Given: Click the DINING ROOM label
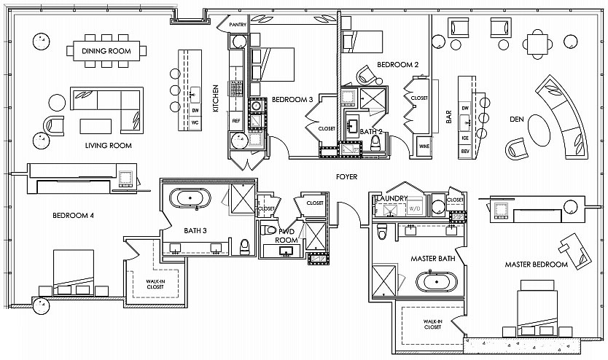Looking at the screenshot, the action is pos(106,51).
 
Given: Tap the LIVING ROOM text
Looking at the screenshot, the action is pos(108,145).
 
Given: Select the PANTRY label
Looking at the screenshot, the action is pos(238,25).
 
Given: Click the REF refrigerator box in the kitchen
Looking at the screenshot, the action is pos(236,121).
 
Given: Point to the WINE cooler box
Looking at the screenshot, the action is pos(424,146).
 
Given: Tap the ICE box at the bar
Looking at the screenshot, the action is pos(465,138).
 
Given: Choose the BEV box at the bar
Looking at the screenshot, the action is pos(465,151).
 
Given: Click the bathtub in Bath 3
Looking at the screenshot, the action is pos(190,198).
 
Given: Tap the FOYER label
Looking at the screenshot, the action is pos(347,176).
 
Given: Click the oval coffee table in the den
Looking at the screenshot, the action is pos(539,130).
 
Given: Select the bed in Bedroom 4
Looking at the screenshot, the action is pos(74,273).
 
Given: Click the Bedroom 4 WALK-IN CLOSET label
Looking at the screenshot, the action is pos(155,284).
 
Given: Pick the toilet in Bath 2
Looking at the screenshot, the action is pos(375,144).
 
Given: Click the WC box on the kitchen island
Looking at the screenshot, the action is pos(195,122).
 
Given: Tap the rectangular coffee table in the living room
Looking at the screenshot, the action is pos(96,126).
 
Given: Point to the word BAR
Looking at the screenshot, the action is pos(449,117).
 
